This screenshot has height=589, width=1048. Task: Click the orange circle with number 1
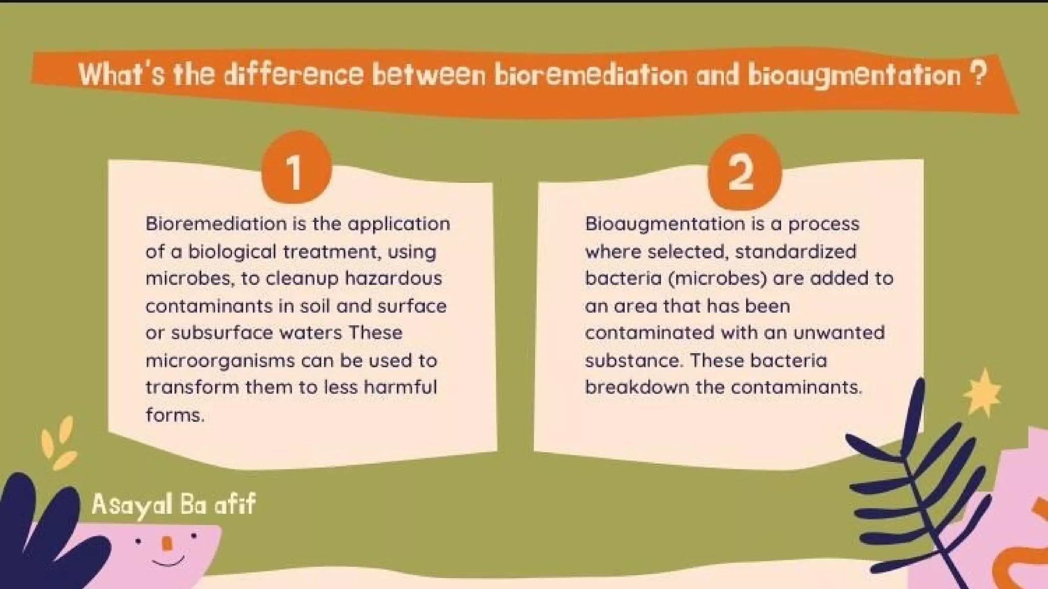(296, 168)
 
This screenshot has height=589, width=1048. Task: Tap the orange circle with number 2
(744, 172)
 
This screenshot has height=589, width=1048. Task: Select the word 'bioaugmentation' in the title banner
(854, 76)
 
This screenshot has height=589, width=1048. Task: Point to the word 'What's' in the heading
(121, 75)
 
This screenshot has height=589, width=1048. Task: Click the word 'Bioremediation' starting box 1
(216, 224)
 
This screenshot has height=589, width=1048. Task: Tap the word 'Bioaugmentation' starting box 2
(665, 224)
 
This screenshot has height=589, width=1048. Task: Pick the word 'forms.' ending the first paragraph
(175, 415)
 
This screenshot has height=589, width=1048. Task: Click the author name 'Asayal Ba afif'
(173, 505)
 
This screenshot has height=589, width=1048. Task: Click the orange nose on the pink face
(167, 543)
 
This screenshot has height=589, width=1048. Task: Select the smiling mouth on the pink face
(168, 562)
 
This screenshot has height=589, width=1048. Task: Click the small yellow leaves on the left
(59, 443)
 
